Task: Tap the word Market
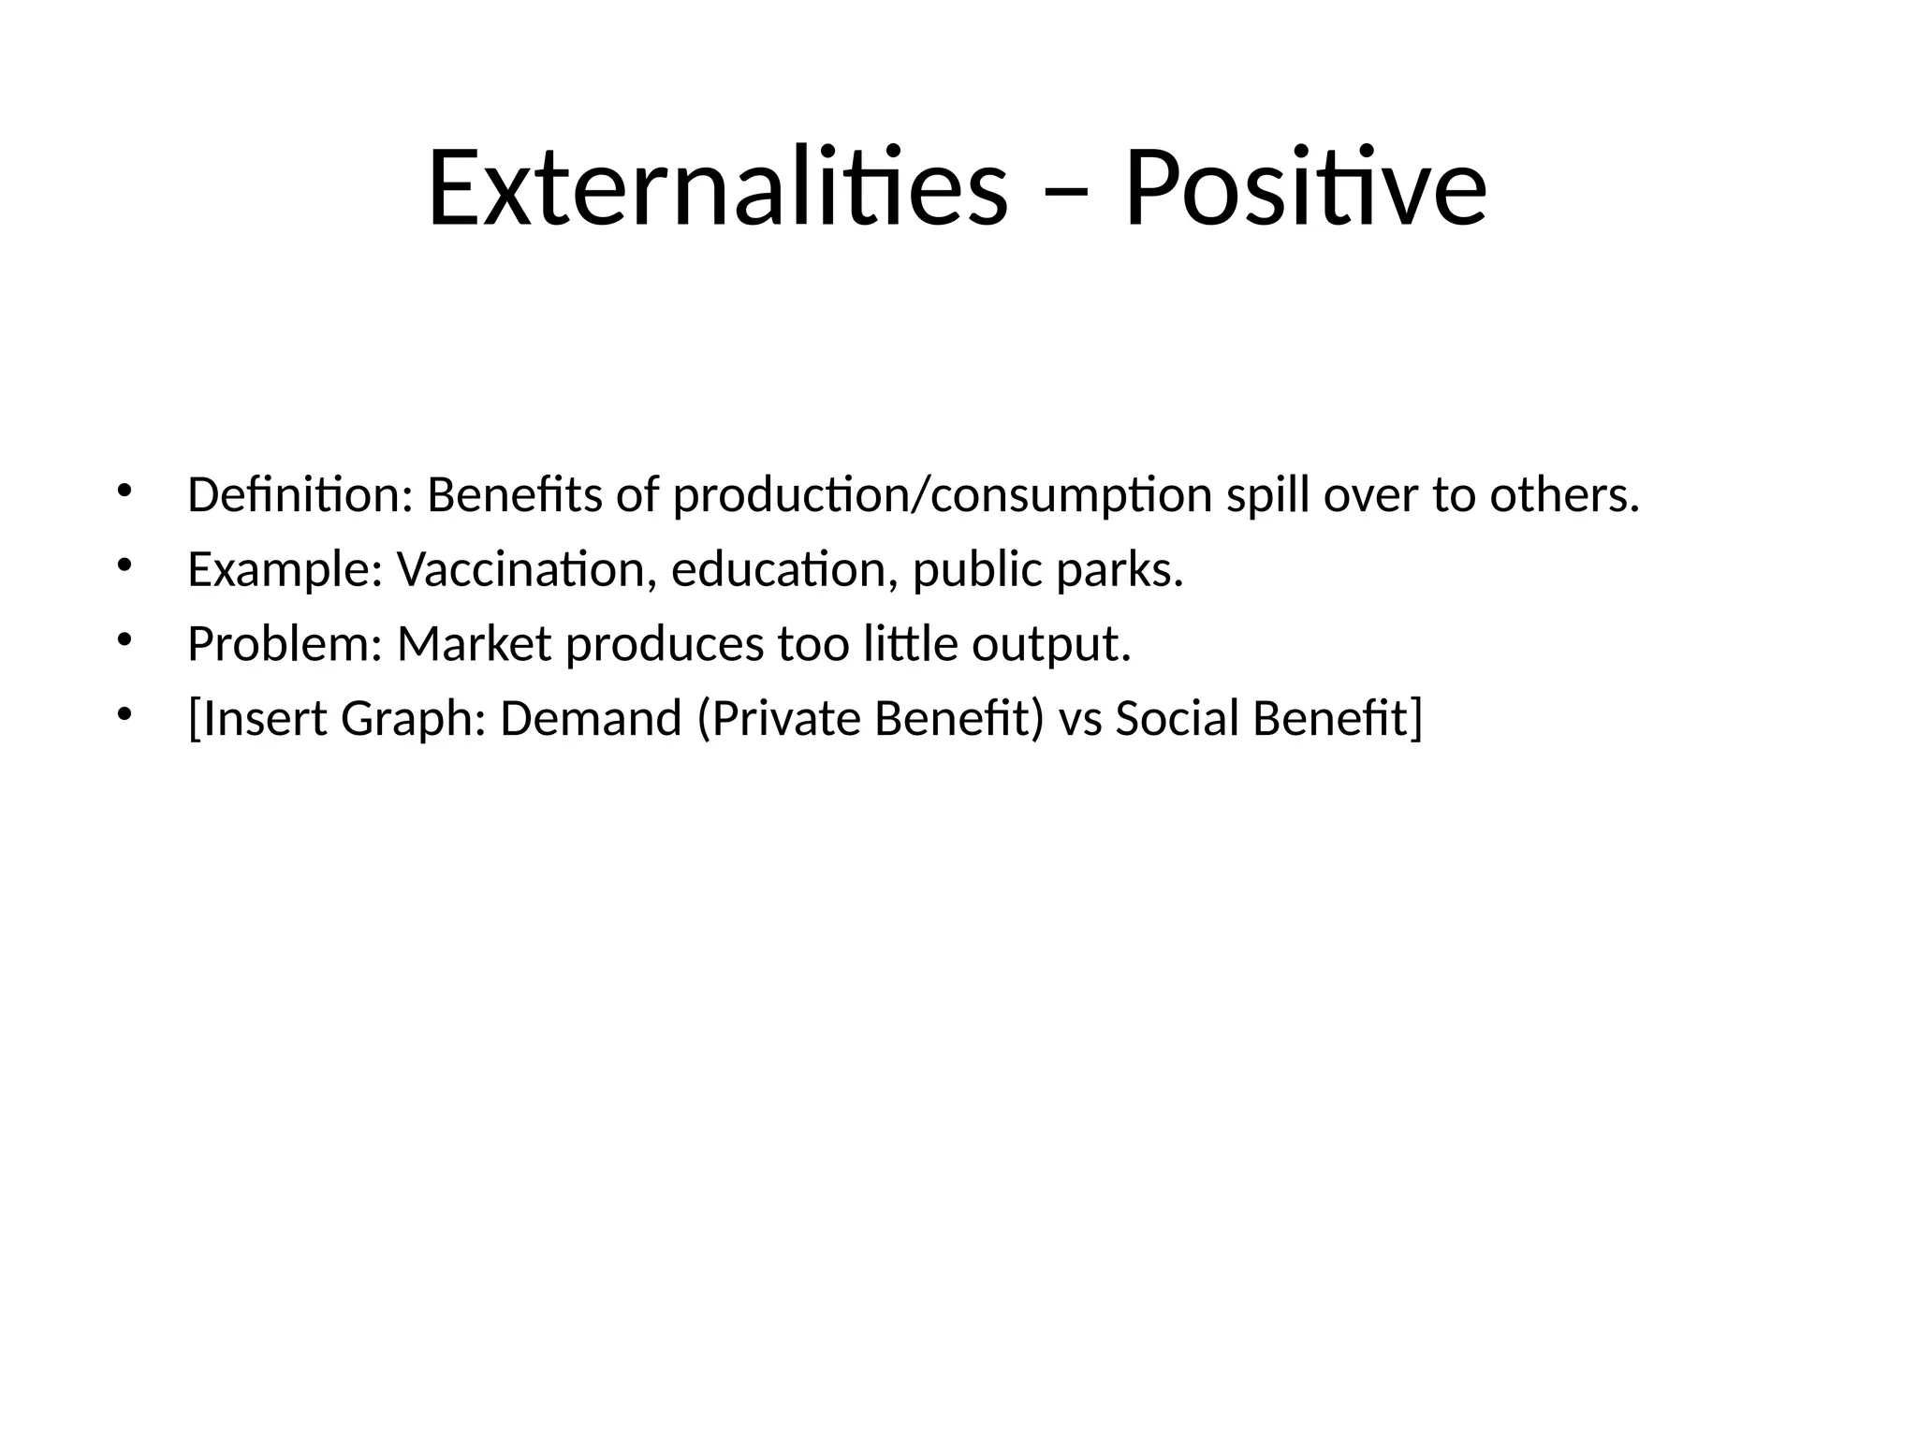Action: coord(474,644)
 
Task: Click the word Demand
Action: coord(591,719)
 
